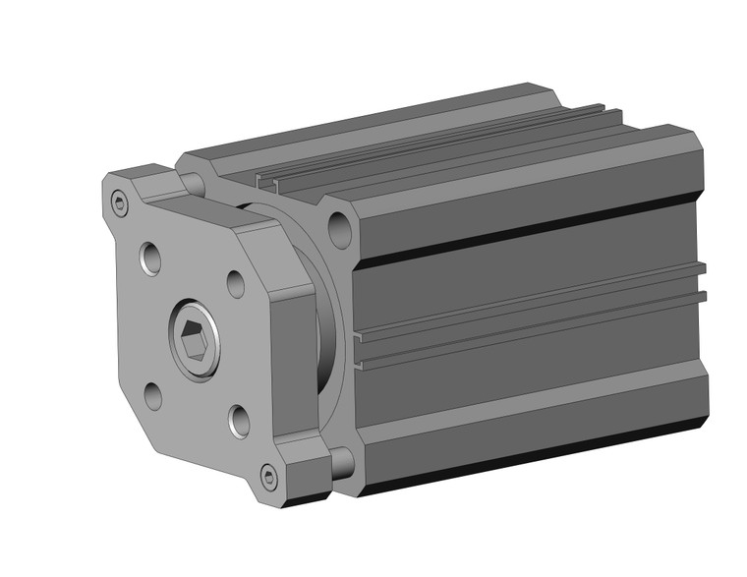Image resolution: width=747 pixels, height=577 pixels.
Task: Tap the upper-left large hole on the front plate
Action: (151, 258)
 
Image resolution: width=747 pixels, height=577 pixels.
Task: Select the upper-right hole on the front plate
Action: (236, 284)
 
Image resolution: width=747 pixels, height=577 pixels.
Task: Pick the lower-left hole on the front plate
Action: (152, 396)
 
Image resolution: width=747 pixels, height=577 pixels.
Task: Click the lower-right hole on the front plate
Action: (239, 421)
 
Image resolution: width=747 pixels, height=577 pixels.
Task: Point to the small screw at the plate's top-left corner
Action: (120, 204)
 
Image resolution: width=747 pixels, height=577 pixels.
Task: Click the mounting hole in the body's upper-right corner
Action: (340, 232)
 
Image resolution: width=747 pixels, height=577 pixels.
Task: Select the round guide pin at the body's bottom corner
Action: (341, 462)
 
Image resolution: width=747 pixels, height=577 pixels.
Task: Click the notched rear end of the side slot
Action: (700, 280)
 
